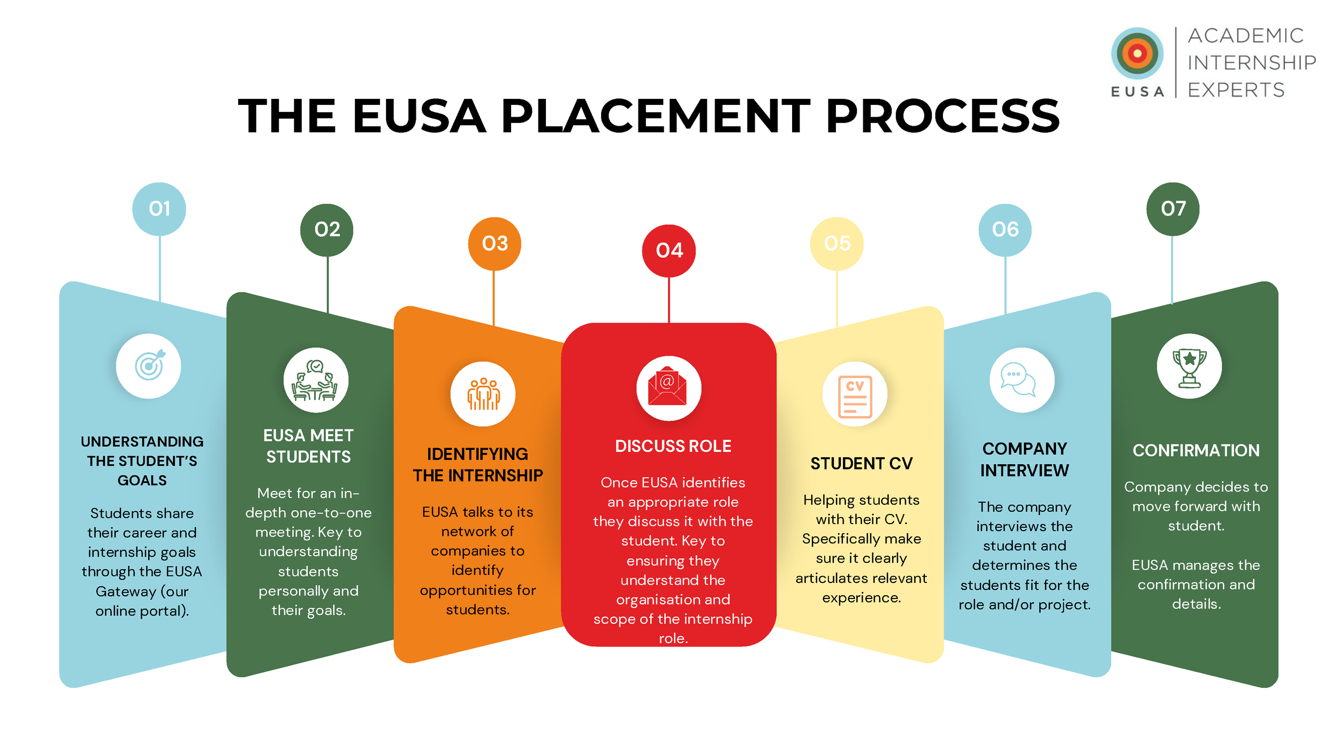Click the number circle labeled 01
click(x=159, y=209)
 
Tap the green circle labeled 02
click(x=326, y=229)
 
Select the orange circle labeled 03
click(x=495, y=243)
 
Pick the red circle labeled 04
click(x=669, y=250)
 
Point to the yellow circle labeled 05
click(x=837, y=243)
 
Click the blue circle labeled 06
click(x=1005, y=229)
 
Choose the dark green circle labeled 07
click(x=1173, y=209)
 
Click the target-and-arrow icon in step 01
click(x=149, y=366)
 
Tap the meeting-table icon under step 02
click(x=316, y=380)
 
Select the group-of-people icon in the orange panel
click(x=483, y=394)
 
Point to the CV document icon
click(x=855, y=395)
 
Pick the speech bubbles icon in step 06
click(x=1022, y=380)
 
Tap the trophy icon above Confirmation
click(x=1189, y=366)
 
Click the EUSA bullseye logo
click(x=1137, y=53)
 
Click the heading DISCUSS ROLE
click(x=673, y=446)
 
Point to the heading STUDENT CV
click(x=861, y=463)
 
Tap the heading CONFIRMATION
click(x=1196, y=450)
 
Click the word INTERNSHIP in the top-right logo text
click(x=1251, y=63)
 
